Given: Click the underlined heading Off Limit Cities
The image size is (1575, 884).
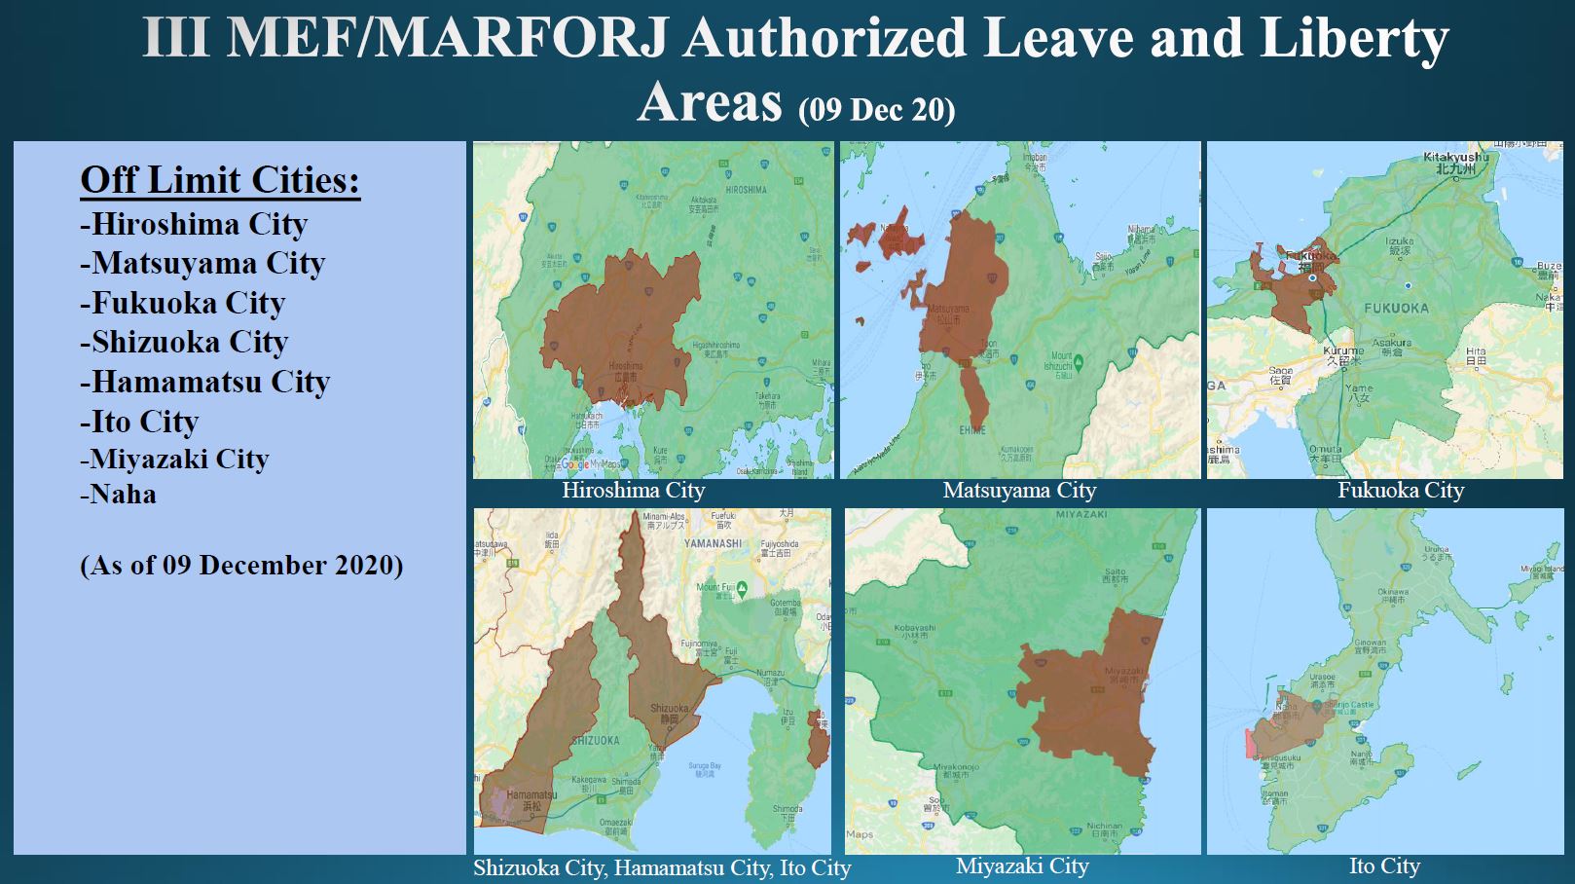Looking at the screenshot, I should [220, 180].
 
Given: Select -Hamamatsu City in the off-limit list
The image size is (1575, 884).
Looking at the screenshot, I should [204, 382].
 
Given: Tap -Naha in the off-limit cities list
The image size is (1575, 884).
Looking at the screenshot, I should [118, 495].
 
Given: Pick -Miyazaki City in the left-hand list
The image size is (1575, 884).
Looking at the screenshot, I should [174, 459].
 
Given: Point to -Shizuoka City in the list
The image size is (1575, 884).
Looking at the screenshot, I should [184, 342].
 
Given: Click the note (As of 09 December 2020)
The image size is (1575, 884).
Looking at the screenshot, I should [241, 565].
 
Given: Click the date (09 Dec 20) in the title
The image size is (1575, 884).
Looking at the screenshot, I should [876, 108].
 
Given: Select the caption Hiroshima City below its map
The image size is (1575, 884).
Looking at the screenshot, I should [633, 490].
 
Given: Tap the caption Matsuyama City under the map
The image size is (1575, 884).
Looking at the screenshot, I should [1019, 490].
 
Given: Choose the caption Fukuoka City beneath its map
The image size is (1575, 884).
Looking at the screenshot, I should [1400, 490].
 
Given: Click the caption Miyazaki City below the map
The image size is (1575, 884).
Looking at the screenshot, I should [1022, 866].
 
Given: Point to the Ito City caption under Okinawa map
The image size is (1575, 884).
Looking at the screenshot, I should [1384, 866].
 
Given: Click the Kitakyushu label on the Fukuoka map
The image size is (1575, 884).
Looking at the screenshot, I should [1455, 157].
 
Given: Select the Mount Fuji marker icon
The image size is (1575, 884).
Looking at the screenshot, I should [742, 588].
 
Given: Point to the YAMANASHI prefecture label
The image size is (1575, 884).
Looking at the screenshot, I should [713, 543].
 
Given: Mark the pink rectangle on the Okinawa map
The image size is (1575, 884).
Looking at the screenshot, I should [1250, 744].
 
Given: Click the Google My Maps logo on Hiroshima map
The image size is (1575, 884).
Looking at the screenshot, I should [589, 464].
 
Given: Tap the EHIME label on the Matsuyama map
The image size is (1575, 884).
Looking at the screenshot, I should [971, 429].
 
